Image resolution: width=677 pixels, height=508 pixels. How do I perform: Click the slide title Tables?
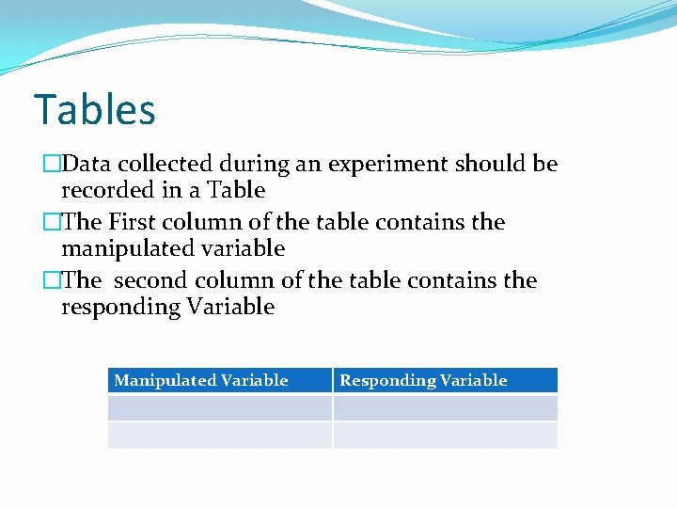tap(94, 110)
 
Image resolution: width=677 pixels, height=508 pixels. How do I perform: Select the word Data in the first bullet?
tap(86, 165)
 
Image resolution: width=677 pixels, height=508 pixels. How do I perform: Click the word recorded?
tap(103, 190)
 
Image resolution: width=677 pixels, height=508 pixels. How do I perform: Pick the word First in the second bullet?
tap(133, 223)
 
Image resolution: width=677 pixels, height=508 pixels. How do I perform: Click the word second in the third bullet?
tap(150, 281)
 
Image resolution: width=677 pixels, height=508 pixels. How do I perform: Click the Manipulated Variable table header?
tap(201, 380)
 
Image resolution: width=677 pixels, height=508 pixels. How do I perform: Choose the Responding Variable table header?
tap(423, 380)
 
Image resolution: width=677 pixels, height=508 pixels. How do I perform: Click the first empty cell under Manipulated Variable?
tap(220, 407)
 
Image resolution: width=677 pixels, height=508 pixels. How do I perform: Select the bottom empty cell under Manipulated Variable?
tap(220, 435)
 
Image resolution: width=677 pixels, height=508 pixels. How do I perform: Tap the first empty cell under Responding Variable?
tap(445, 407)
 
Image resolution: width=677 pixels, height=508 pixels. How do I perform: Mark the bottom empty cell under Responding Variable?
tap(445, 435)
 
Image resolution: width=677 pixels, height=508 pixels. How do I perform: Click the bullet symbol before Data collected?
tap(52, 165)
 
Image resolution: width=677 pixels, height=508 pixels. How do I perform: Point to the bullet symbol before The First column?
tap(52, 223)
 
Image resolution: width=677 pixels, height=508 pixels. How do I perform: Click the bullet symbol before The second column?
tap(52, 281)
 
